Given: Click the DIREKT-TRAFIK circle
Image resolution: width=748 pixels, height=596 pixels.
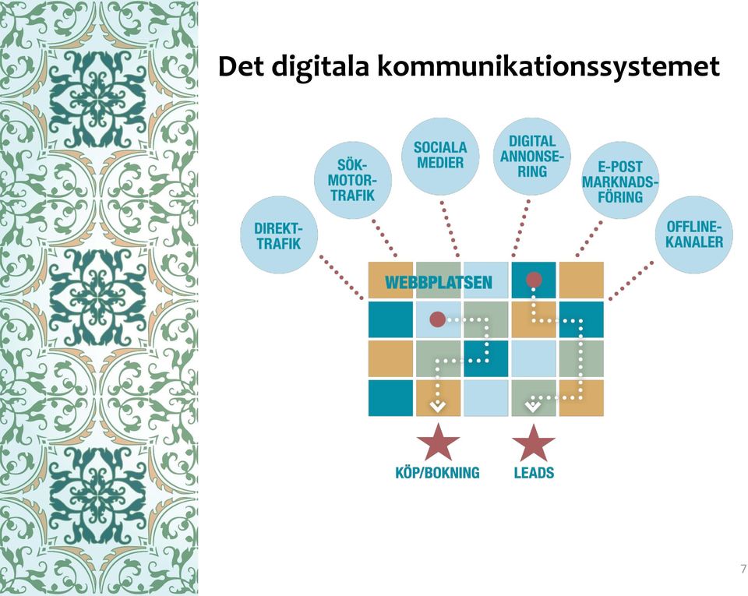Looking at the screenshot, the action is tap(279, 235).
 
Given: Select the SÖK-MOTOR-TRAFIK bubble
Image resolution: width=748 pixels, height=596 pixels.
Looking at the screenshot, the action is tap(353, 180).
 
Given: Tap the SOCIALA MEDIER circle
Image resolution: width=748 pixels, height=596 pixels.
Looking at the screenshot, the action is tap(440, 156).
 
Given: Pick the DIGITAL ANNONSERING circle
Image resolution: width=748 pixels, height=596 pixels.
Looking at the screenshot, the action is tap(532, 157).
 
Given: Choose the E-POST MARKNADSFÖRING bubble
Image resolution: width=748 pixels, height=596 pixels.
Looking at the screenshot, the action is tap(620, 181).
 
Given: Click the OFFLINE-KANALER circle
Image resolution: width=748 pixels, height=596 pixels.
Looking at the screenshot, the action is tap(694, 234).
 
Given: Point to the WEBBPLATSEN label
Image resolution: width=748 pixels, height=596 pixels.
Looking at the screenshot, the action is tap(439, 282).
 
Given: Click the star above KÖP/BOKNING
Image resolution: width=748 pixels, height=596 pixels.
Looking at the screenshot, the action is tap(438, 443).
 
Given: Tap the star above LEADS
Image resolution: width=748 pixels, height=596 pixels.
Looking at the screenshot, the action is tap(534, 443).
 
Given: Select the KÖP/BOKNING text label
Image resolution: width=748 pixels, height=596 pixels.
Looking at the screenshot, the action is tap(437, 472).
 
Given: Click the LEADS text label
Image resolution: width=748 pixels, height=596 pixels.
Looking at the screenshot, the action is tap(534, 472).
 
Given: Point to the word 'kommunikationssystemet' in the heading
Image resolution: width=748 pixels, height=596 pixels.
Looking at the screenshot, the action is tap(548, 67).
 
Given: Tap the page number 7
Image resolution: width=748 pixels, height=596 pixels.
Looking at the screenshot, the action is tap(743, 569).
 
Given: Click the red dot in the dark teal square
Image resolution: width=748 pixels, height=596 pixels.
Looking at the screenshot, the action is tap(534, 280).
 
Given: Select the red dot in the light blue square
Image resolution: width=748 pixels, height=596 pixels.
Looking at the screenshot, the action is tap(437, 319).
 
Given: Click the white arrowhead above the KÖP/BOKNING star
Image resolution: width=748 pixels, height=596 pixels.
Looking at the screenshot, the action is tap(438, 406).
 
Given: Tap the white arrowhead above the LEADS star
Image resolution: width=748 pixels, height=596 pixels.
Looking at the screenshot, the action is tap(533, 406).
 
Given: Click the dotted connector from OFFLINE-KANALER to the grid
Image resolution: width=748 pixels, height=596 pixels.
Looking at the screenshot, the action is tap(632, 280).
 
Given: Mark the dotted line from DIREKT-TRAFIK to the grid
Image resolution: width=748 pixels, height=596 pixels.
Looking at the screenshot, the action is tap(341, 277).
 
